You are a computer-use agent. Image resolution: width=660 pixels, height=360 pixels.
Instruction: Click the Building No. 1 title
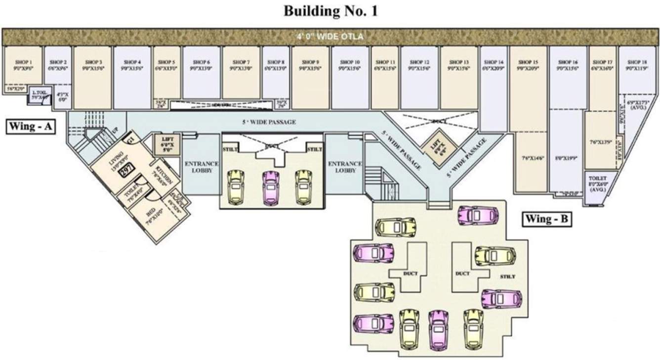pyautogui.click(x=330, y=11)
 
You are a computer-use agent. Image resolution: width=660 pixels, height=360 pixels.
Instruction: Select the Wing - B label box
pyautogui.click(x=547, y=219)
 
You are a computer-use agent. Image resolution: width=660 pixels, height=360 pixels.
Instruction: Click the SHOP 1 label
pyautogui.click(x=23, y=62)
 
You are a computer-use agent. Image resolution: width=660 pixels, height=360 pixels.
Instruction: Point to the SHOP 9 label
pyautogui.click(x=310, y=62)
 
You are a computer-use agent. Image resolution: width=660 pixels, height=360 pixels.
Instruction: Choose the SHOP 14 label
pyautogui.click(x=494, y=62)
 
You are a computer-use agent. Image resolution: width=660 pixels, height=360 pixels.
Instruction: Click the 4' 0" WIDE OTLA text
pyautogui.click(x=330, y=37)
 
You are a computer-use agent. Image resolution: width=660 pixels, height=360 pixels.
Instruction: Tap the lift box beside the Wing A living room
pyautogui.click(x=164, y=144)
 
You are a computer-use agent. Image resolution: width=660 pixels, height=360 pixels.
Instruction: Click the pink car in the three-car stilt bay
pyautogui.click(x=271, y=186)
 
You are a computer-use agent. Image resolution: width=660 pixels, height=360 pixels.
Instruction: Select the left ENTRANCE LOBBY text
pyautogui.click(x=201, y=167)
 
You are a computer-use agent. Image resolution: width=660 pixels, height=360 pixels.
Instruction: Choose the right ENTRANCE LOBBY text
pyautogui.click(x=345, y=167)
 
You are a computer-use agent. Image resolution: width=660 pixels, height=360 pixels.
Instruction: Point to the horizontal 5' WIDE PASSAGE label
pyautogui.click(x=269, y=122)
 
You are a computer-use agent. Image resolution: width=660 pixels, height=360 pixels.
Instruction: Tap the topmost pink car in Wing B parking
pyautogui.click(x=477, y=215)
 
